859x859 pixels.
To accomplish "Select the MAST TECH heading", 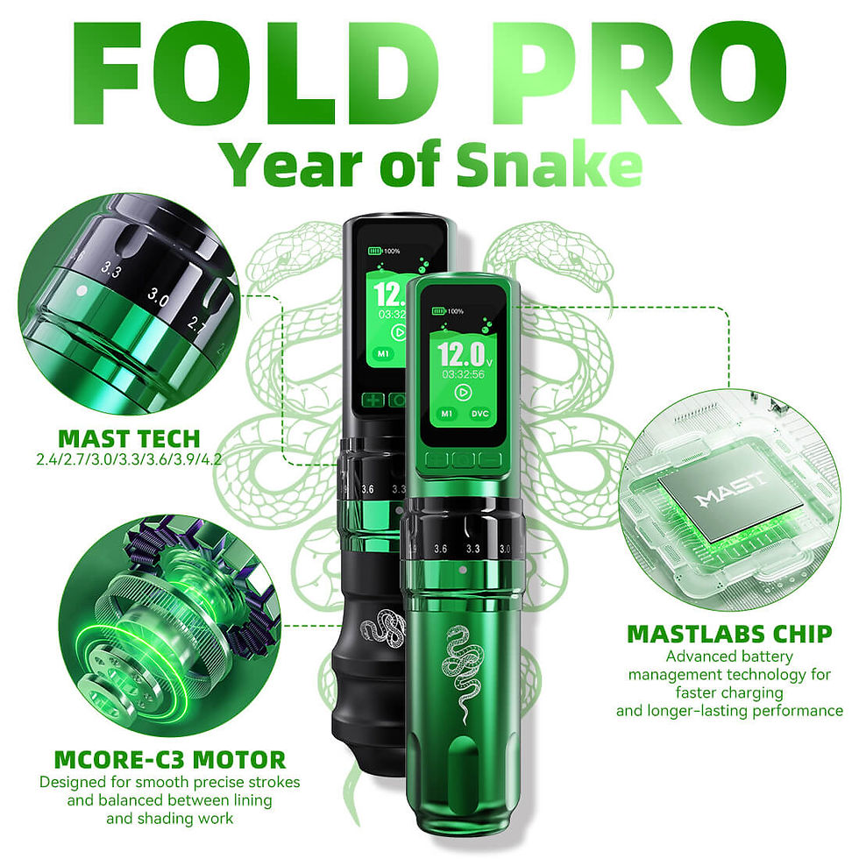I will tap(129, 438).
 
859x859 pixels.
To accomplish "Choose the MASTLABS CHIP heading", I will tap(728, 634).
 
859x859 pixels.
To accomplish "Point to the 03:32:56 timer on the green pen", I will tap(462, 373).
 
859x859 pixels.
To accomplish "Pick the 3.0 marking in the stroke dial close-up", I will tap(159, 299).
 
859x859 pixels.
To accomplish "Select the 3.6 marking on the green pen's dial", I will tap(440, 549).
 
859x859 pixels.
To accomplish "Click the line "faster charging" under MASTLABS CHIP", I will tap(728, 693).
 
